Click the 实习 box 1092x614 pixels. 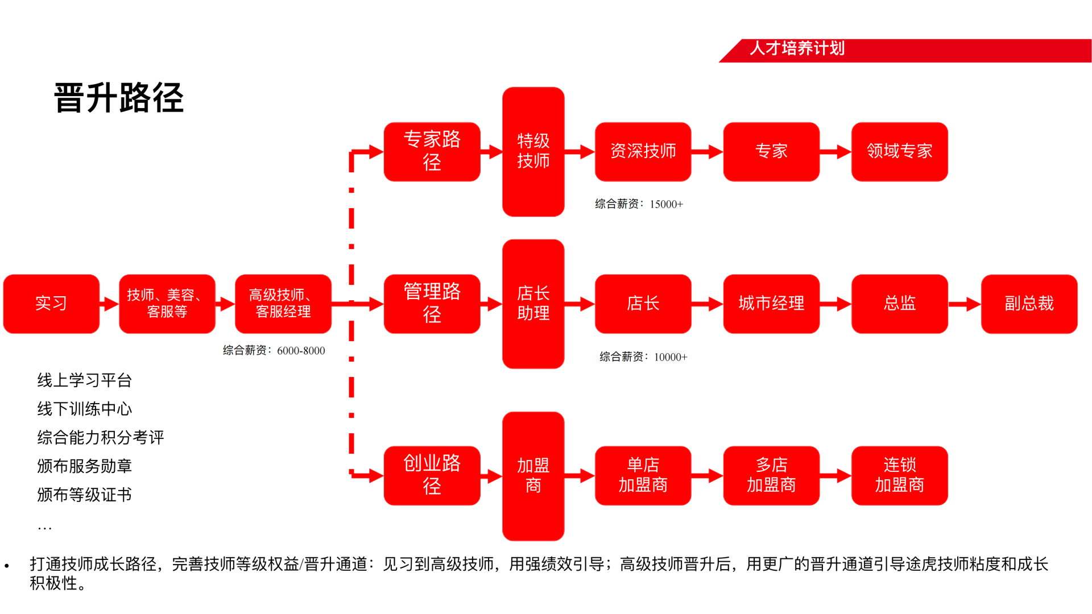click(x=51, y=304)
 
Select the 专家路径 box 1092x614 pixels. click(x=432, y=151)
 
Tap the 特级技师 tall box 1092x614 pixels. click(x=533, y=151)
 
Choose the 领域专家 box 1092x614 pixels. click(x=899, y=151)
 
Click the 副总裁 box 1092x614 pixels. click(x=1029, y=304)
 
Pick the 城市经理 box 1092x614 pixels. click(x=771, y=304)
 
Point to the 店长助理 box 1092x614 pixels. click(x=533, y=304)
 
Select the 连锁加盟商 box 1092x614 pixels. click(x=899, y=475)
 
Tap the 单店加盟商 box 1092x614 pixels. click(x=643, y=475)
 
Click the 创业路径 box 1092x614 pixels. click(x=432, y=475)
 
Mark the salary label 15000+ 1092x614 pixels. click(x=639, y=204)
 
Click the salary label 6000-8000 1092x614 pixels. click(x=274, y=351)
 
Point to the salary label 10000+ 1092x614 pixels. click(x=643, y=357)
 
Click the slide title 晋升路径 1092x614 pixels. click(x=119, y=98)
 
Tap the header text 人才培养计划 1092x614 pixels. click(x=797, y=48)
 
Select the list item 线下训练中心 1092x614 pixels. click(x=85, y=409)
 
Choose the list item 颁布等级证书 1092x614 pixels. click(x=85, y=495)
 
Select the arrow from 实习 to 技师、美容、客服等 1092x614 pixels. click(x=109, y=304)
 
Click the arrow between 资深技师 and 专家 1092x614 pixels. click(x=707, y=152)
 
